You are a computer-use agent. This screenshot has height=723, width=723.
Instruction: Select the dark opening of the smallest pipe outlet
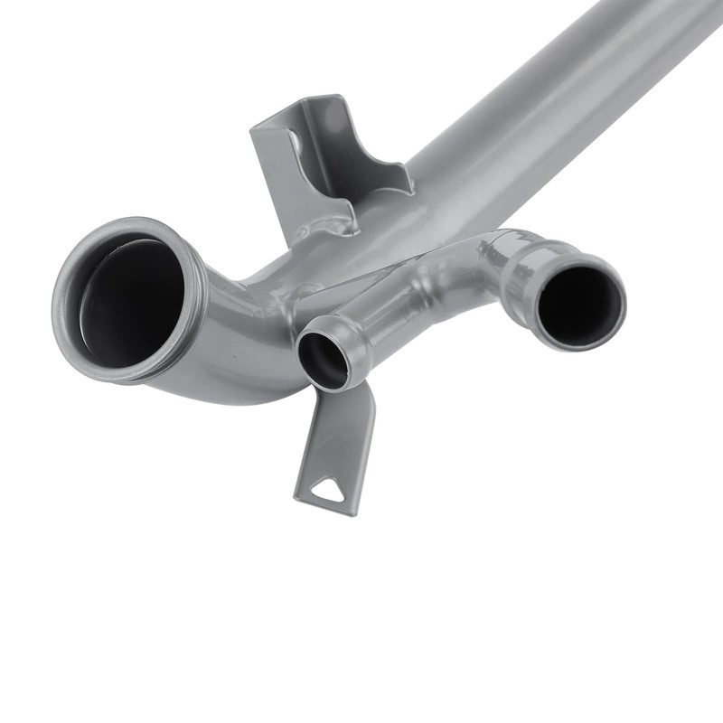click(x=323, y=359)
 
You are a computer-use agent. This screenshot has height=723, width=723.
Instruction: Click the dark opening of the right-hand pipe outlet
click(x=579, y=305)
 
